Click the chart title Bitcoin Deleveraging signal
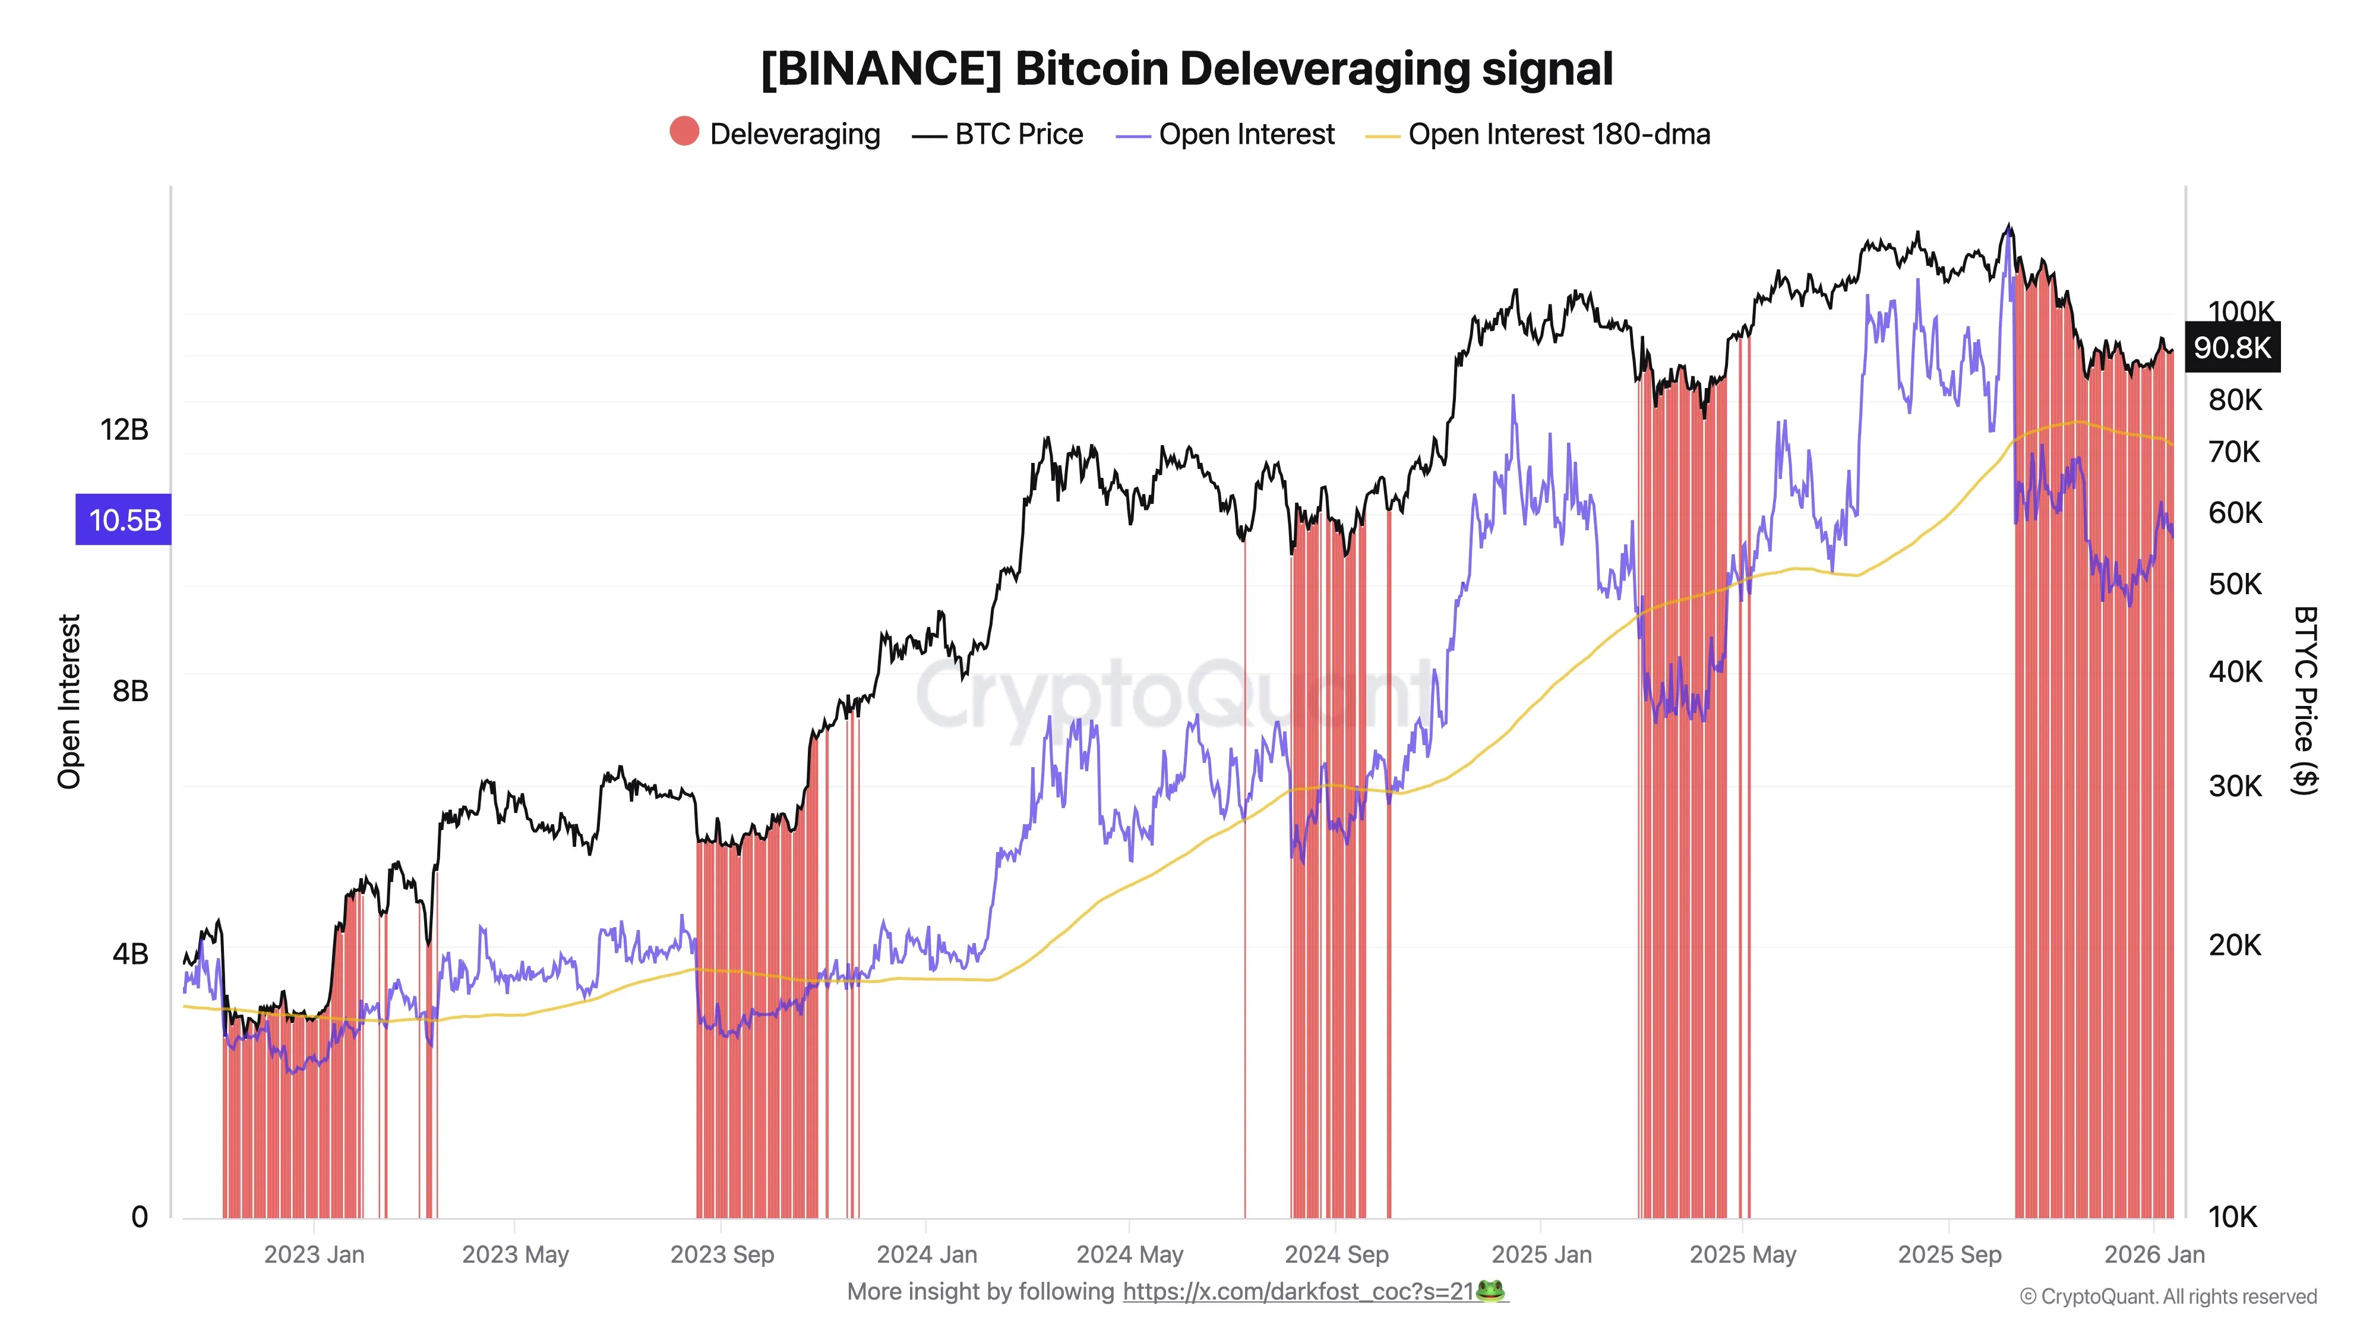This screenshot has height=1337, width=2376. tap(1187, 69)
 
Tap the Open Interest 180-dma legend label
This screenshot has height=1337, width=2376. tap(1558, 135)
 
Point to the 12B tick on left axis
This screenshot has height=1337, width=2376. tap(125, 430)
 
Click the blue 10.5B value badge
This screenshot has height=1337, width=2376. tap(124, 521)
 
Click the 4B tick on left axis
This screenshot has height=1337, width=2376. tap(130, 954)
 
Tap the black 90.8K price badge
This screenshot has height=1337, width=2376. tap(2232, 348)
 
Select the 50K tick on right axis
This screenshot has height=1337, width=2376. tap(2235, 584)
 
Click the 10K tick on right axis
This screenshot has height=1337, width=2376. tap(2232, 1217)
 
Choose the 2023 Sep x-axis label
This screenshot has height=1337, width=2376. tap(722, 1255)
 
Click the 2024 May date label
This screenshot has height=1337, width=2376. tap(1130, 1255)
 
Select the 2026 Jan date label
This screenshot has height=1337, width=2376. tap(2154, 1255)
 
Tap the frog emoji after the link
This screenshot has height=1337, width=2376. tap(1490, 1291)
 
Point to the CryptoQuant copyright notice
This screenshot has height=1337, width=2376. tap(2168, 1297)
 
